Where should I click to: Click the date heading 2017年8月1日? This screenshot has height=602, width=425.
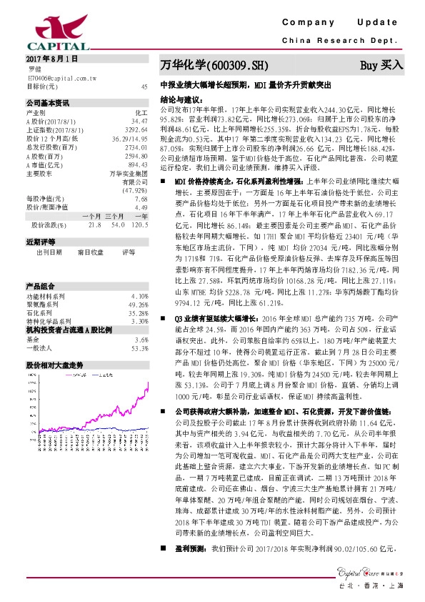coord(51,56)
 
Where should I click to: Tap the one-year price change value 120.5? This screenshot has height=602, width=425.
coord(139,224)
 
